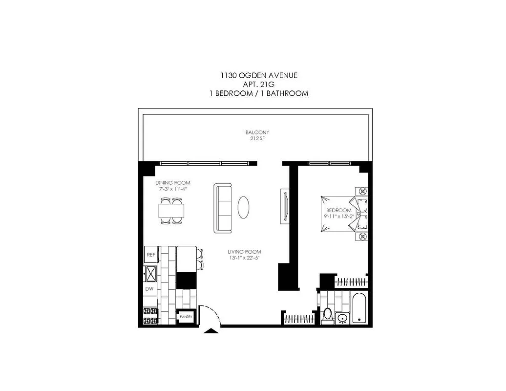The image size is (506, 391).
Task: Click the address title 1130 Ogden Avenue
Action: pos(258,75)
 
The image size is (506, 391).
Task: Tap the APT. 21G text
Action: pos(258,84)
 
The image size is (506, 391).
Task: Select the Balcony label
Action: pos(257,132)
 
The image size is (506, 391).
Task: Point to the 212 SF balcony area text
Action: pos(257,138)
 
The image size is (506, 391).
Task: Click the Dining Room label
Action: pos(172,182)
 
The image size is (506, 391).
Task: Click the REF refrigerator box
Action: pos(151,255)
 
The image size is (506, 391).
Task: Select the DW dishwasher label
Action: pos(150,289)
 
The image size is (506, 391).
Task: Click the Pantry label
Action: pos(186,317)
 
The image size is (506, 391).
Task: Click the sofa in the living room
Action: pos(223,208)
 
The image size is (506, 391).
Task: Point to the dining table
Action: pos(171,211)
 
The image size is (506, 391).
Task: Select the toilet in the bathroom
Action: pos(327,315)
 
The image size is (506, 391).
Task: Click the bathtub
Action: pos(359,308)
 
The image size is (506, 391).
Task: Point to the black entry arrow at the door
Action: pos(211,331)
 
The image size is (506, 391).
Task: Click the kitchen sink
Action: pos(150,273)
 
